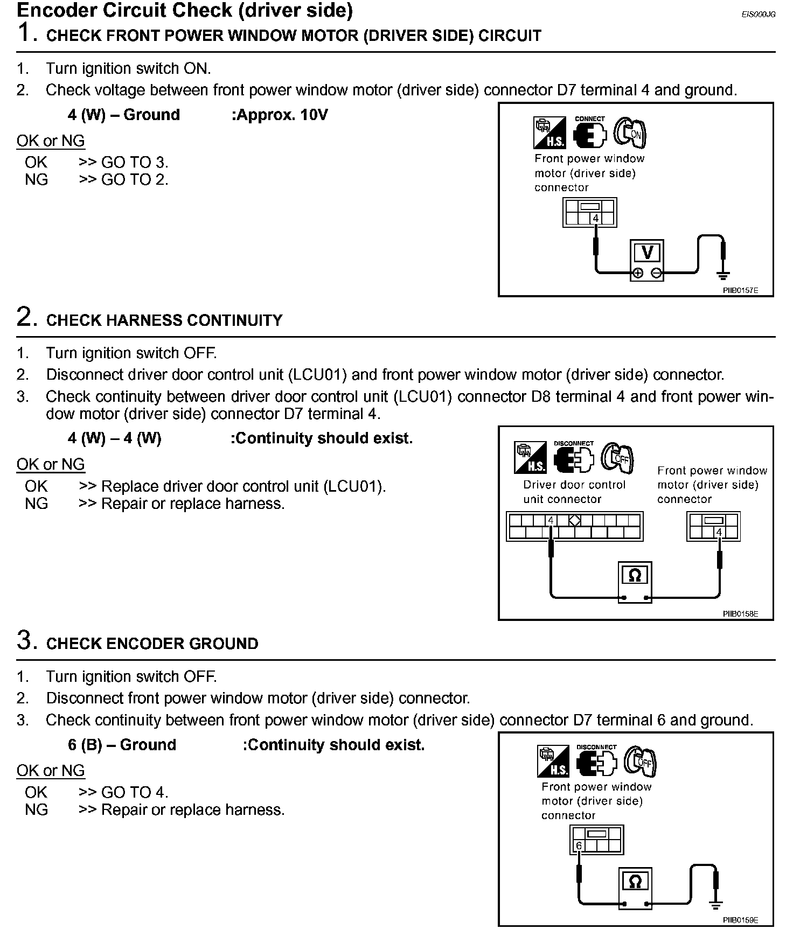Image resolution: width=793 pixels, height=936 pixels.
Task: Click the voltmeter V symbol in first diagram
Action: pos(648,253)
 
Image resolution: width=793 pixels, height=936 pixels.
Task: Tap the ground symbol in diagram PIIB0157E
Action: pos(723,276)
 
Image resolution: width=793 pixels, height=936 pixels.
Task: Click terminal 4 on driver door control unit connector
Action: pos(551,521)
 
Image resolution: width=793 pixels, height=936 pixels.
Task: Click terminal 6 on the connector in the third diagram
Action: pos(579,846)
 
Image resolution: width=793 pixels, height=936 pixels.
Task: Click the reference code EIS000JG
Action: pos(758,15)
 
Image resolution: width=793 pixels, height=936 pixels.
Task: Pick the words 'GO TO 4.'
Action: pos(135,792)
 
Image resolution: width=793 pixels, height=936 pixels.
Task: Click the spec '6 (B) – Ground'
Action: pos(122,745)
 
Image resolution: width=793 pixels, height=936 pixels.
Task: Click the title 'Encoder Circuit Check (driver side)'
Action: pos(185,10)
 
